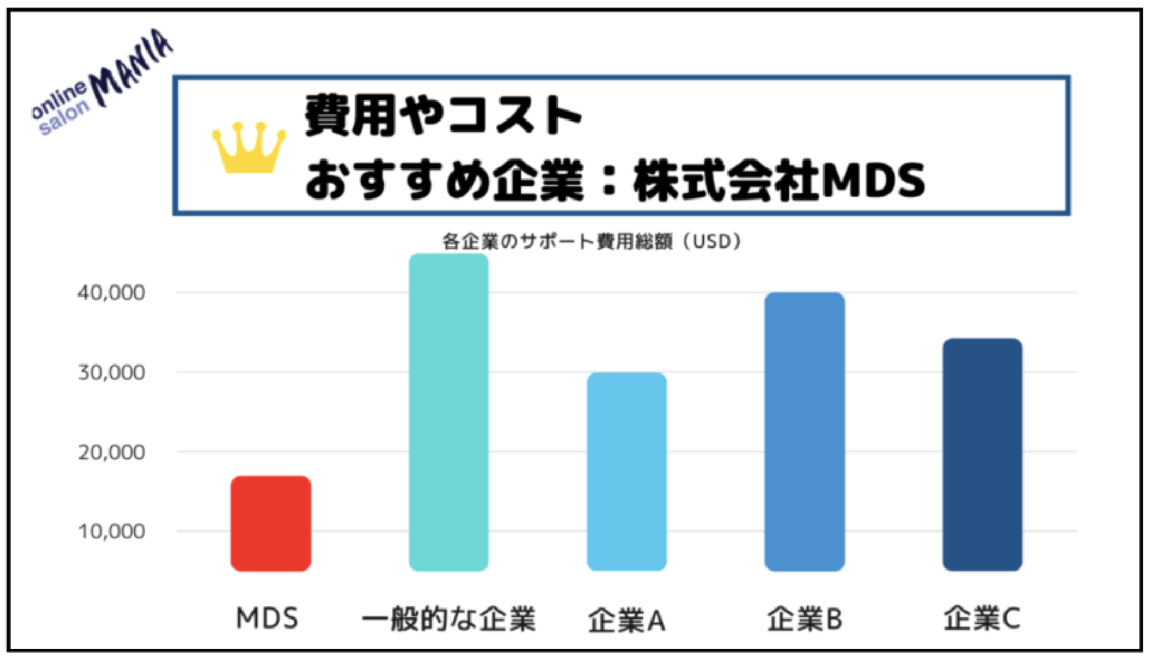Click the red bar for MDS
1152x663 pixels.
coord(270,523)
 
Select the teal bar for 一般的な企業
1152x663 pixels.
coord(448,412)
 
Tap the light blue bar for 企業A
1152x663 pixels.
coord(626,471)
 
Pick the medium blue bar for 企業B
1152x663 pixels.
coord(804,432)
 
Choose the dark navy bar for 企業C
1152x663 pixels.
coord(982,455)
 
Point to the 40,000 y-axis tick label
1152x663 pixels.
coord(111,293)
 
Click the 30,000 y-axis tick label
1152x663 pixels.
coord(111,372)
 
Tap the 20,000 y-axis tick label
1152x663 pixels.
coord(111,452)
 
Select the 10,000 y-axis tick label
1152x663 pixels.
coord(111,531)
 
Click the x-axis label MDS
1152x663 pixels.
coord(267,618)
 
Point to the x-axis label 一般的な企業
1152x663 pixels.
coord(448,619)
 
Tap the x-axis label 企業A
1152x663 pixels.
coord(626,620)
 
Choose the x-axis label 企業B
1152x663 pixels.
coord(804,619)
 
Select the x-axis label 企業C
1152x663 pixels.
coord(982,618)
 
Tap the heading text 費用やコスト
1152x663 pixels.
coord(443,115)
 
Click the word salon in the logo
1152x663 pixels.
coord(64,119)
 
